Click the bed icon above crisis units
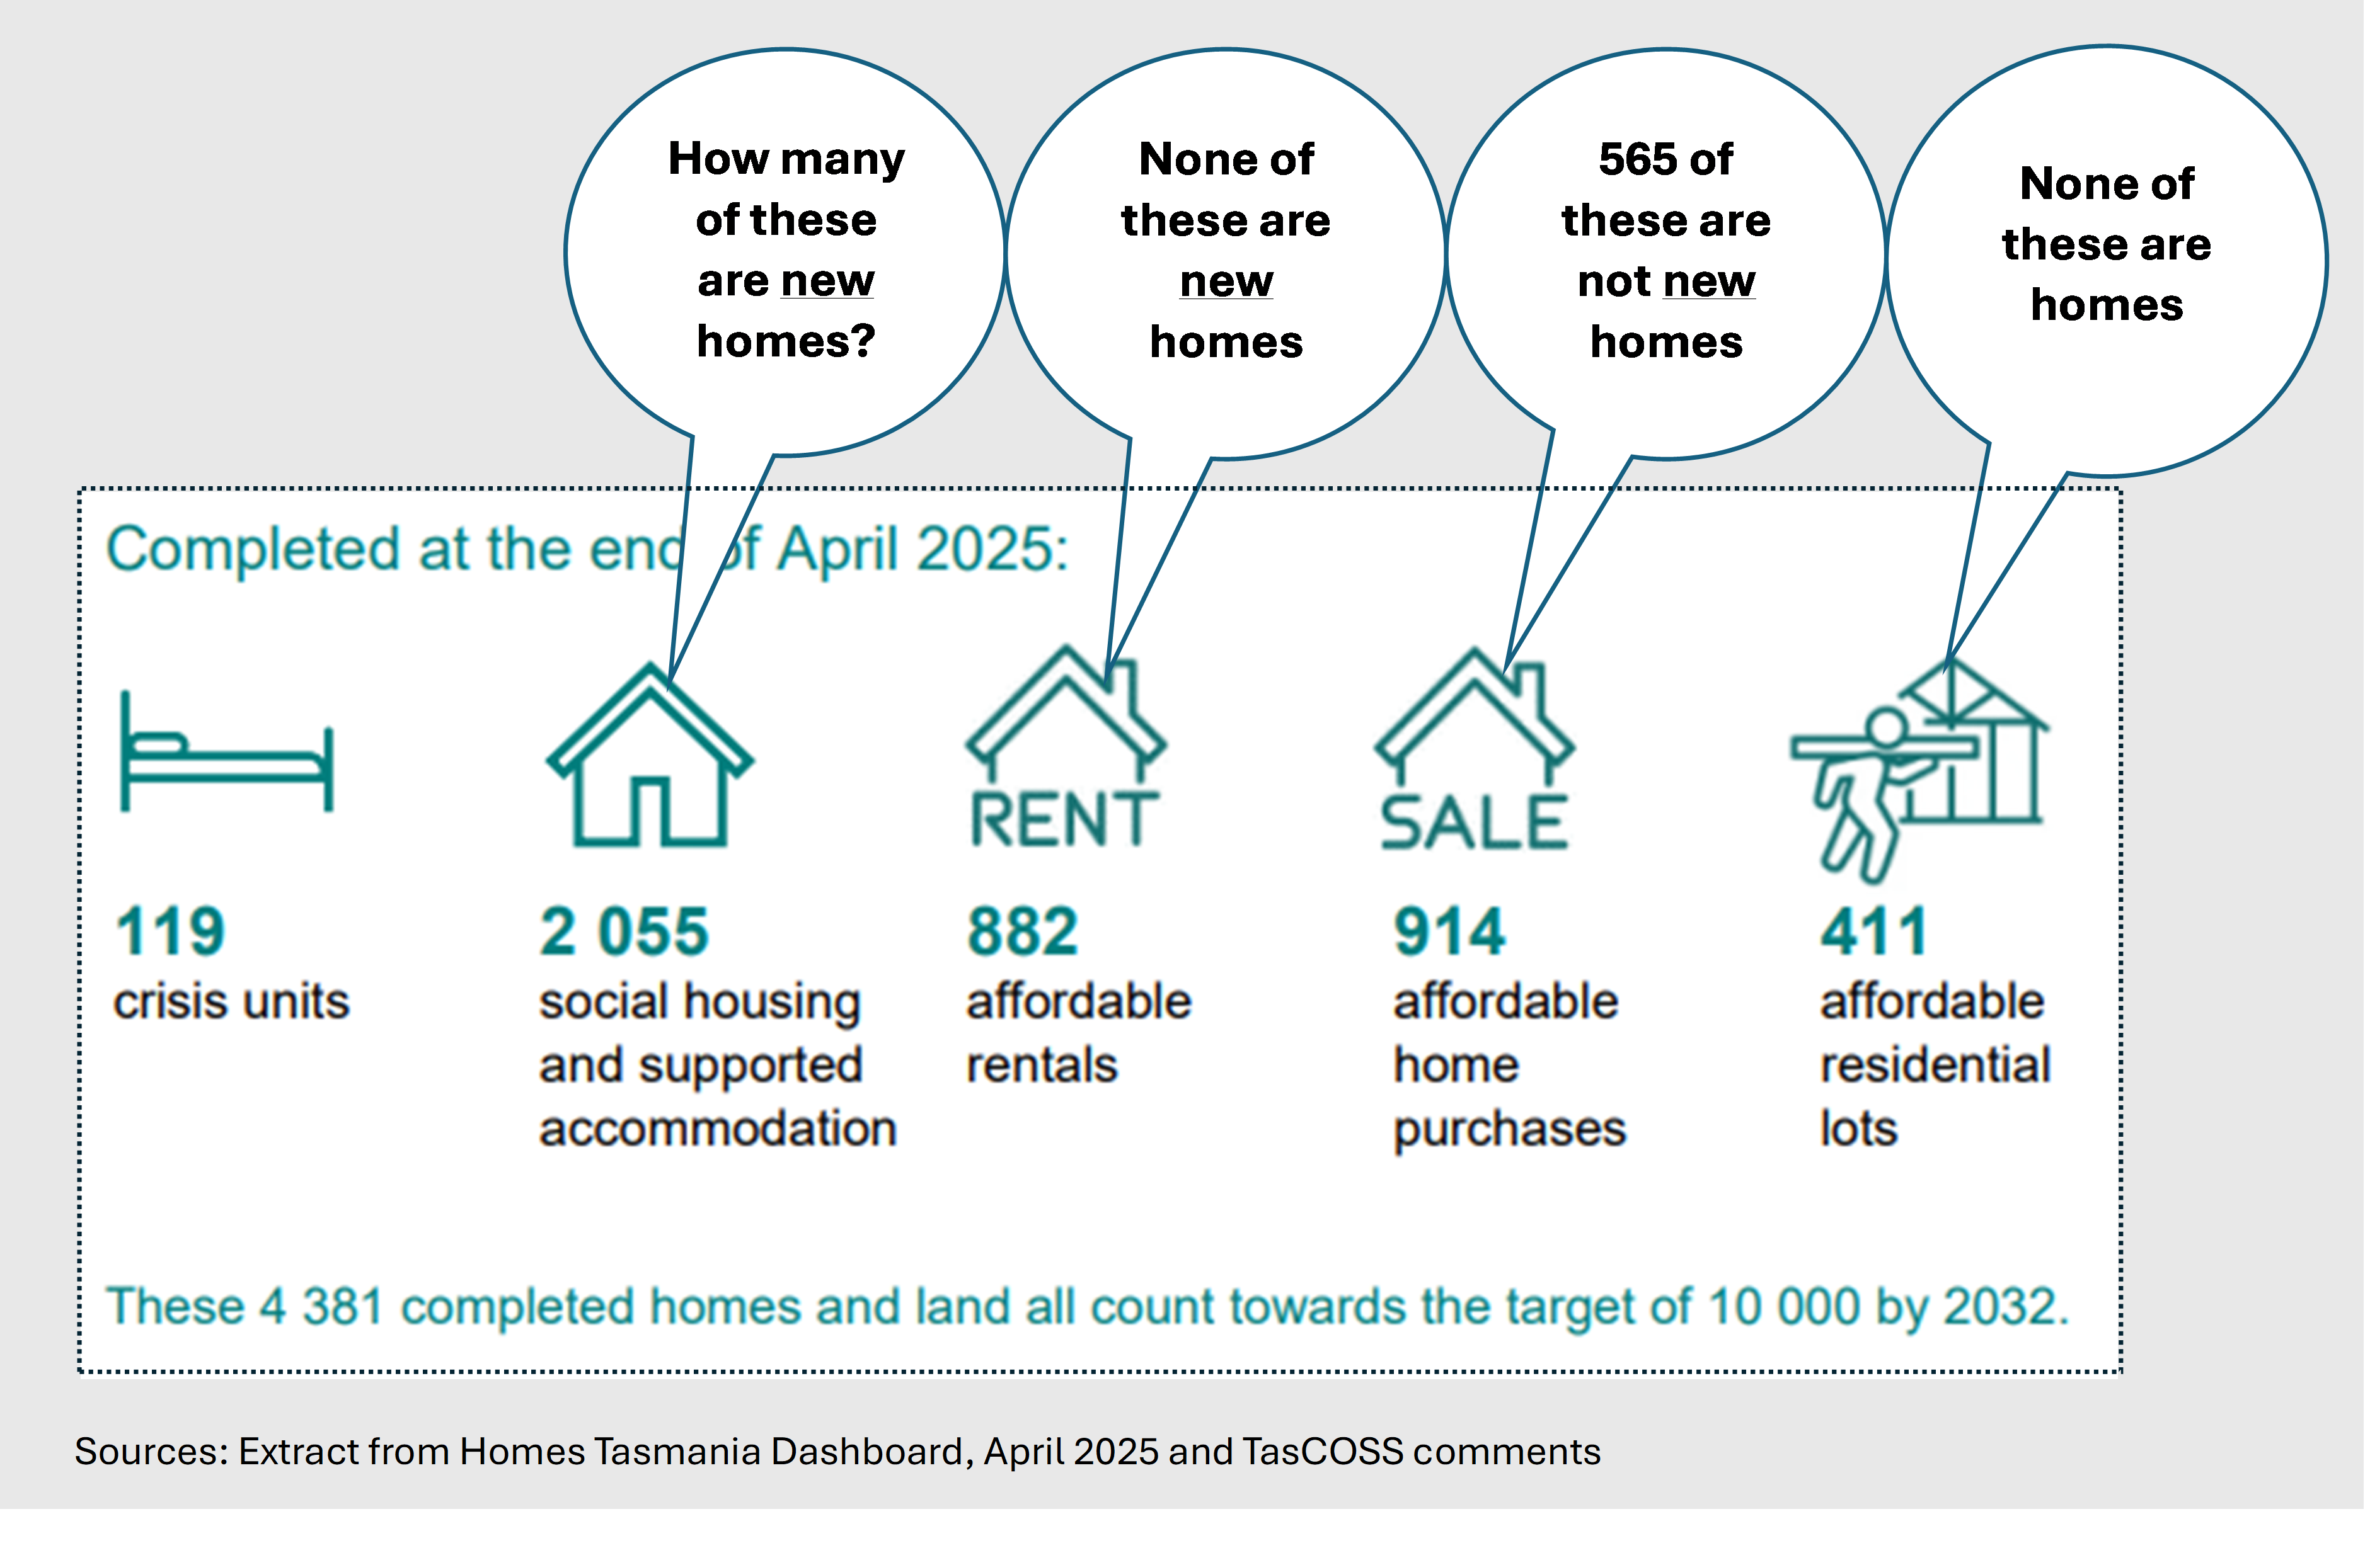tap(227, 751)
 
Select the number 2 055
tap(624, 932)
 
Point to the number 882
tap(1023, 932)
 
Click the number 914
tap(1450, 932)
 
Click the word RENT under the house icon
tap(1064, 819)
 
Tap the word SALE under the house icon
tap(1475, 823)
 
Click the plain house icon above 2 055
tap(650, 756)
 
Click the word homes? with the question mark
tap(786, 341)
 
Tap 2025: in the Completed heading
tap(992, 549)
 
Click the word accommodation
tap(718, 1129)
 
